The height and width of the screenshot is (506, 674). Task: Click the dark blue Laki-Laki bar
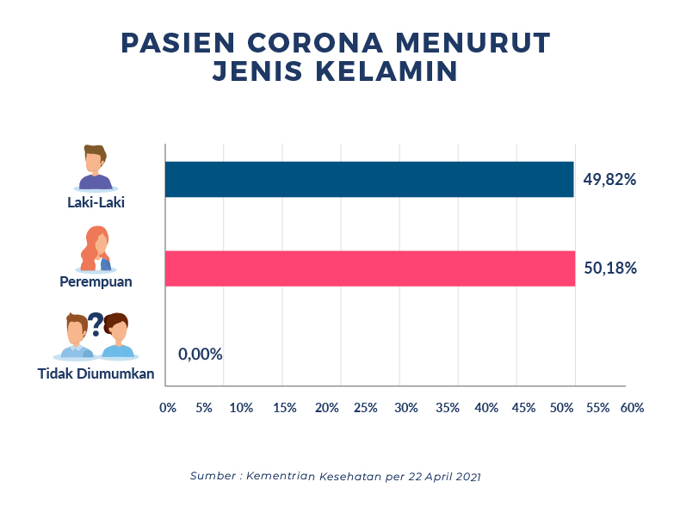click(x=368, y=179)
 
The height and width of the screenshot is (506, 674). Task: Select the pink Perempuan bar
click(x=368, y=268)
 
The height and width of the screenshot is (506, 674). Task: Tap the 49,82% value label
click(x=609, y=180)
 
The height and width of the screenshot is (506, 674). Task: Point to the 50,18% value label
click(x=610, y=268)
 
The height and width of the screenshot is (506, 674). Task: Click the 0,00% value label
click(x=201, y=354)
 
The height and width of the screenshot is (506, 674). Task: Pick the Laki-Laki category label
click(x=96, y=203)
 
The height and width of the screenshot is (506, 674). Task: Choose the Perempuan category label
click(x=96, y=281)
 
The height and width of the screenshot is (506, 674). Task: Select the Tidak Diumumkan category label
click(x=96, y=373)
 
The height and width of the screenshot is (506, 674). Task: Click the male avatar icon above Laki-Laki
click(x=96, y=168)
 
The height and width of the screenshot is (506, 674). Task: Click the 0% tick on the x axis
click(x=168, y=407)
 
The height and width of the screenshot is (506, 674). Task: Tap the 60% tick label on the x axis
click(x=632, y=407)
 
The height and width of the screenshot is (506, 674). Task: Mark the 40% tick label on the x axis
click(x=486, y=407)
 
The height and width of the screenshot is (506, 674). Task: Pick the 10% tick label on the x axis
click(x=241, y=407)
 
